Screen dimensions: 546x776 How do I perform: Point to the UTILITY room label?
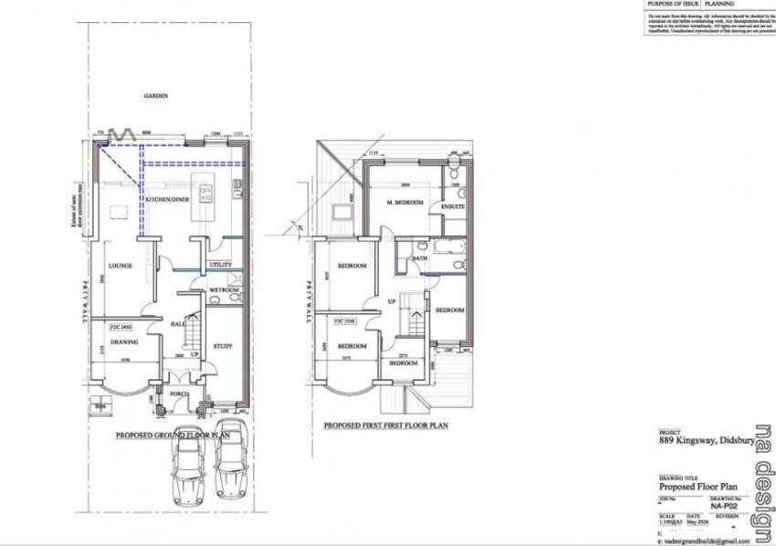coord(221,265)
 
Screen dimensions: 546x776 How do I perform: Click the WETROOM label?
coord(225,289)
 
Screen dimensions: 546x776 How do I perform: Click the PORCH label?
coord(180,394)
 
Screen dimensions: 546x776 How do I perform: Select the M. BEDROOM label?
coord(405,203)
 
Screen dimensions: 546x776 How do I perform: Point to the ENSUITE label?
coord(454,206)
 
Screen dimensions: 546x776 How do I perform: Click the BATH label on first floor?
coord(419,258)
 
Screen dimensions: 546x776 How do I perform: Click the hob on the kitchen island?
coord(206,193)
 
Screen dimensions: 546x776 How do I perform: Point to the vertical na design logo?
coord(760,484)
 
